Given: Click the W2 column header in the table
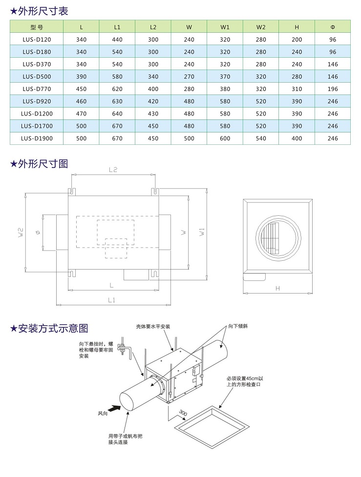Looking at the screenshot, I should (261, 27).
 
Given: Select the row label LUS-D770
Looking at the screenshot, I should (37, 89).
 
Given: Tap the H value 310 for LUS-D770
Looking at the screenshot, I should (297, 89).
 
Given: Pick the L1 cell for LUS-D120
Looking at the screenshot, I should (117, 39).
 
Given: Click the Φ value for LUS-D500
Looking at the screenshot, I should (333, 76).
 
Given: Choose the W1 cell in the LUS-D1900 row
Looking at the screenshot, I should (225, 138).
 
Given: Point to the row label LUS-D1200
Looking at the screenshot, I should (37, 114).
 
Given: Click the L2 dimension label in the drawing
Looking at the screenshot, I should (113, 170).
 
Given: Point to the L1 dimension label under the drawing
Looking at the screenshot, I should (112, 299).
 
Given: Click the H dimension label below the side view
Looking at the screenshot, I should (277, 289).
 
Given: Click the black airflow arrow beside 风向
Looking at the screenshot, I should (114, 407).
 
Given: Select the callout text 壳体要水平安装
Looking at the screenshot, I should (154, 326).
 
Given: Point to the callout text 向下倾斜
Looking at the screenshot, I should (237, 326).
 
